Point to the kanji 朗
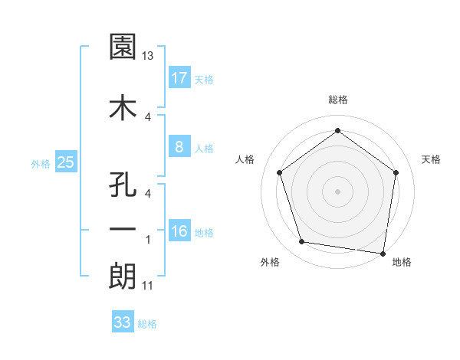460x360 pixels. tap(123, 276)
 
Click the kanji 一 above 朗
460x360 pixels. tap(123, 229)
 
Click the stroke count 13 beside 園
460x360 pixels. tap(149, 55)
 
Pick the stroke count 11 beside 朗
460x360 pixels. tap(149, 286)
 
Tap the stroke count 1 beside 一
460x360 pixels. tap(149, 240)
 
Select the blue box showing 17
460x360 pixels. tap(179, 78)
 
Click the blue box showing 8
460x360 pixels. tap(179, 148)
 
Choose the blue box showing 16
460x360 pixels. tap(179, 232)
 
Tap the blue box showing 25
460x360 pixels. tap(65, 162)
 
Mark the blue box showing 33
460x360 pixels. tap(123, 322)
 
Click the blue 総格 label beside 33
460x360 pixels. tap(147, 324)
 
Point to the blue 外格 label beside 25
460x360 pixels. tap(41, 163)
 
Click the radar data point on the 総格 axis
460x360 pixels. tap(337, 131)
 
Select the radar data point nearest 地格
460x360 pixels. tap(383, 253)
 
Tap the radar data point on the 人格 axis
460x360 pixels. tap(280, 172)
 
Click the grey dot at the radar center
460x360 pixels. tap(337, 191)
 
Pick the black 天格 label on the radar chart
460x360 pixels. tap(432, 159)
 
